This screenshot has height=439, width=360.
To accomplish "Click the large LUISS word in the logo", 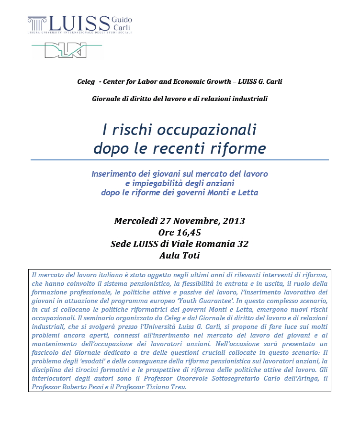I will pyautogui.click(x=79, y=23).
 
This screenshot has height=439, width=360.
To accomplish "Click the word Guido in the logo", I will pyautogui.click(x=122, y=19).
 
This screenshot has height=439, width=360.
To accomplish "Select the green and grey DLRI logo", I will pyautogui.click(x=66, y=49).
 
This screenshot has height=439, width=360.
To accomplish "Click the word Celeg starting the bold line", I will pyautogui.click(x=86, y=81).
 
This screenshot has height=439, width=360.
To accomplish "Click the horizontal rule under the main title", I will pyautogui.click(x=180, y=160).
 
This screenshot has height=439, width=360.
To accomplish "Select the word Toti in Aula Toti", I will pyautogui.click(x=190, y=256).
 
